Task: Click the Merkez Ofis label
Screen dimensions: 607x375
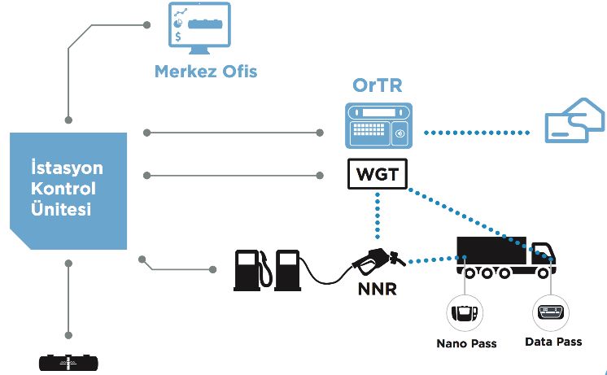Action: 206,72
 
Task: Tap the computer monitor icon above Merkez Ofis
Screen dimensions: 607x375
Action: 199,28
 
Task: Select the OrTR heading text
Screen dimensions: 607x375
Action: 378,85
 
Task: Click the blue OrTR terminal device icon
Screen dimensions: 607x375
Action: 378,125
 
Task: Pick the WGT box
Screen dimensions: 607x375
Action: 378,174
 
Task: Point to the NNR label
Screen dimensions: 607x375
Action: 378,289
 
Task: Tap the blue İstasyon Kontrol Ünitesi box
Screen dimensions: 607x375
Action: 68,191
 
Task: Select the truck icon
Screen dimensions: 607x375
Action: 506,257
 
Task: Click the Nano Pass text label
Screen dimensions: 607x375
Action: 466,343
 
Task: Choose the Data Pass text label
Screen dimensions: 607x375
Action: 553,342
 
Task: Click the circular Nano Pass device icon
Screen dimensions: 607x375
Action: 465,312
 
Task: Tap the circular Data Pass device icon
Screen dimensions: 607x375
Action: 551,312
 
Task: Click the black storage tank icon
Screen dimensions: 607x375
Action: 68,363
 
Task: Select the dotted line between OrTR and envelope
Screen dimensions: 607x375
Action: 477,133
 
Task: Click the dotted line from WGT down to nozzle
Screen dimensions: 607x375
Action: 378,216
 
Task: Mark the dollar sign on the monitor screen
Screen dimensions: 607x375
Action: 177,37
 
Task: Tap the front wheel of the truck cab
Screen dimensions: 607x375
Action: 543,273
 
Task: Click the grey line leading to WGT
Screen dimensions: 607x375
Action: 234,176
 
